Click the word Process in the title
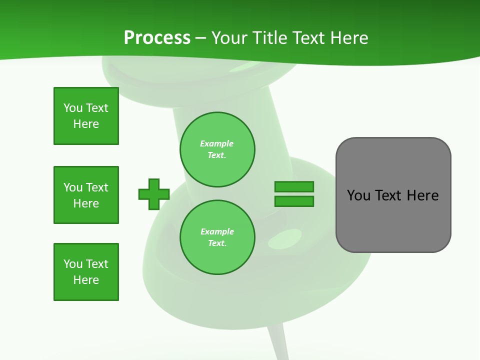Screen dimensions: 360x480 pos(157,38)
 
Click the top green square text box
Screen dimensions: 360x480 pos(86,116)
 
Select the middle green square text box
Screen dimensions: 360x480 pos(86,195)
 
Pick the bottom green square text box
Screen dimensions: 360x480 pos(86,272)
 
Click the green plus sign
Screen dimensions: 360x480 pos(154,194)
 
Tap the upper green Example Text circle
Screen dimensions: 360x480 pos(217,149)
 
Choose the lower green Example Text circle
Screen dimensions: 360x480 pos(217,237)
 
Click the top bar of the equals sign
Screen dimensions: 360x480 pos(294,186)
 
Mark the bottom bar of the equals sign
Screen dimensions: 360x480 pos(294,201)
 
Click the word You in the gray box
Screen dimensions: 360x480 pos(358,195)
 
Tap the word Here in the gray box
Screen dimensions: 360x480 pos(422,195)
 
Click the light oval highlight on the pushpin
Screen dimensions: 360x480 pos(285,239)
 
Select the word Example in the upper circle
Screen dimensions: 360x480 pos(217,143)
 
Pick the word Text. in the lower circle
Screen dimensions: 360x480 pos(217,243)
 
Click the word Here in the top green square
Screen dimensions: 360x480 pos(86,124)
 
